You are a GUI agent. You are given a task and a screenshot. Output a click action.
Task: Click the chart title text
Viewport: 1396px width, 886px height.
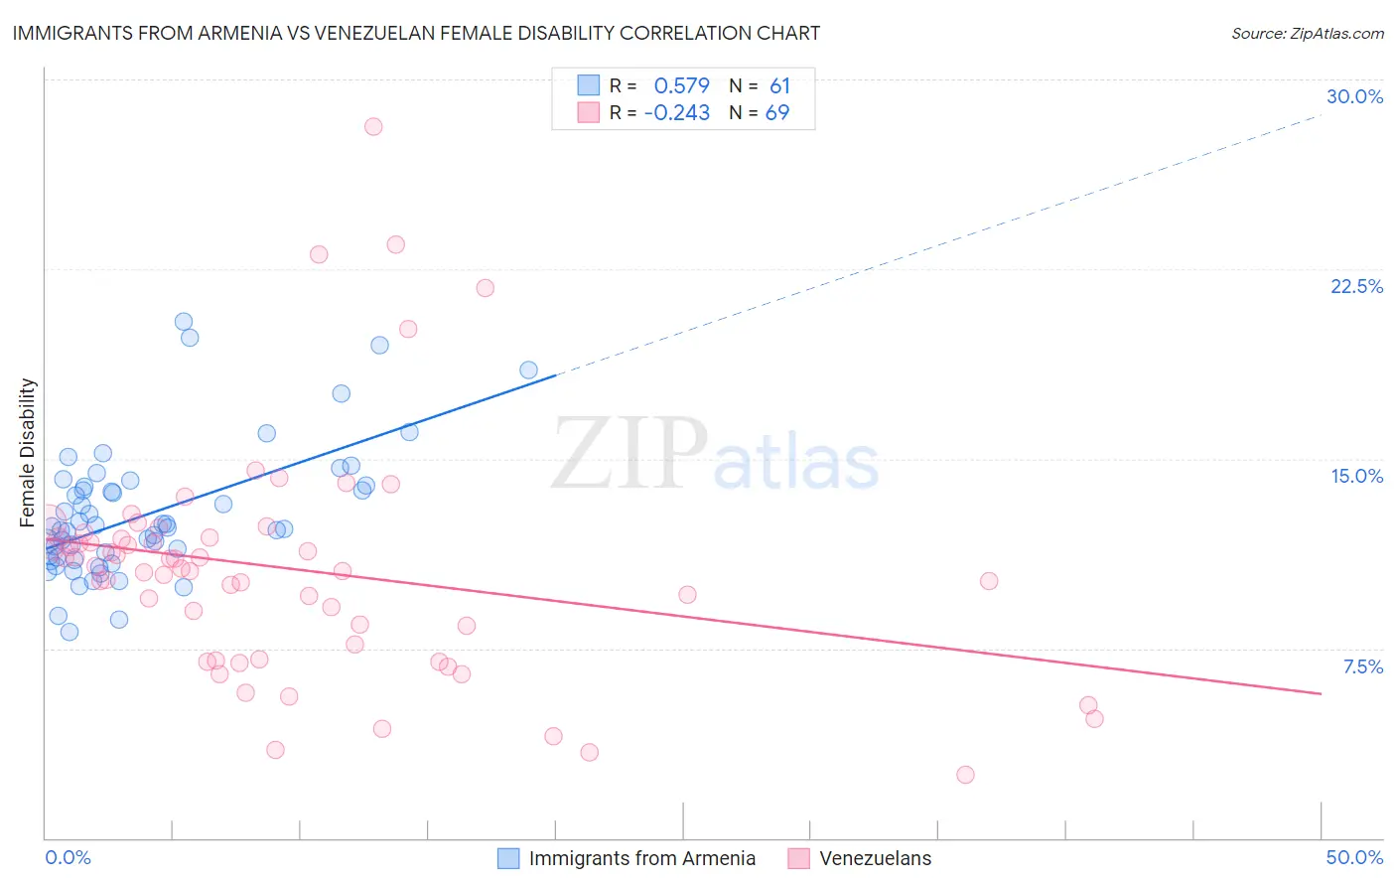coord(416,33)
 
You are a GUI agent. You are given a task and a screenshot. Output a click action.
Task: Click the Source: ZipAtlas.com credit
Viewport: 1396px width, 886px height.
coord(1307,33)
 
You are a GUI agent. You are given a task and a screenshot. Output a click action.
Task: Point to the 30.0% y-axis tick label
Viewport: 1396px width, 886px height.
coord(1354,96)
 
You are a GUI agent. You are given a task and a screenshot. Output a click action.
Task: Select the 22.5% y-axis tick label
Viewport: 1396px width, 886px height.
coord(1356,286)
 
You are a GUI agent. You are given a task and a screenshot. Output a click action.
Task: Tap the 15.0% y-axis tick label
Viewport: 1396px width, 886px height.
coord(1356,476)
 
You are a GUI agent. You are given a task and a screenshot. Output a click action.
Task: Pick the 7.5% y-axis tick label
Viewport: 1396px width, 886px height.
coord(1362,666)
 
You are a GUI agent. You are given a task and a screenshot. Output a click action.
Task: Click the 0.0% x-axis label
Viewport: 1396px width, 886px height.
coord(68,857)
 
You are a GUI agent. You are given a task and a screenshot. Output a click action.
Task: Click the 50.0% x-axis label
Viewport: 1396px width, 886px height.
coord(1354,857)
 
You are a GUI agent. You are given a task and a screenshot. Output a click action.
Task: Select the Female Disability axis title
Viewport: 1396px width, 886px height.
coord(28,452)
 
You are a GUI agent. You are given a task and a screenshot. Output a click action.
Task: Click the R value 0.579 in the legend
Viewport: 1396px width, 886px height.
coord(681,85)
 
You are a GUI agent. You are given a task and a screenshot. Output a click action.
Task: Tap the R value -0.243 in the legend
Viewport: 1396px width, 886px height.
coord(676,113)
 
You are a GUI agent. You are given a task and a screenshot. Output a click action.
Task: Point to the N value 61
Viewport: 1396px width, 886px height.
coord(779,85)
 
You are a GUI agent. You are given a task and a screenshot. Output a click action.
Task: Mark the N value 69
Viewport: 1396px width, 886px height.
coord(777,113)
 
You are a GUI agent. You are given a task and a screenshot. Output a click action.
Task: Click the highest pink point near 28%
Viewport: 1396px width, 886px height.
coord(373,126)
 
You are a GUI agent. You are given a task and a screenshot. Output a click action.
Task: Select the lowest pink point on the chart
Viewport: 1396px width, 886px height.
coord(965,775)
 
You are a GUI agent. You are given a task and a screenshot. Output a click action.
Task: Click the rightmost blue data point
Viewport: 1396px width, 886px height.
coord(528,369)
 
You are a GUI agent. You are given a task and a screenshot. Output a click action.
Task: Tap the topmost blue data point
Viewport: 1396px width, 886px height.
coord(184,321)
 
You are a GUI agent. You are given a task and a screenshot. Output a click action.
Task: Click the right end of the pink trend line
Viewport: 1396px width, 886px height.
coord(1321,693)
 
